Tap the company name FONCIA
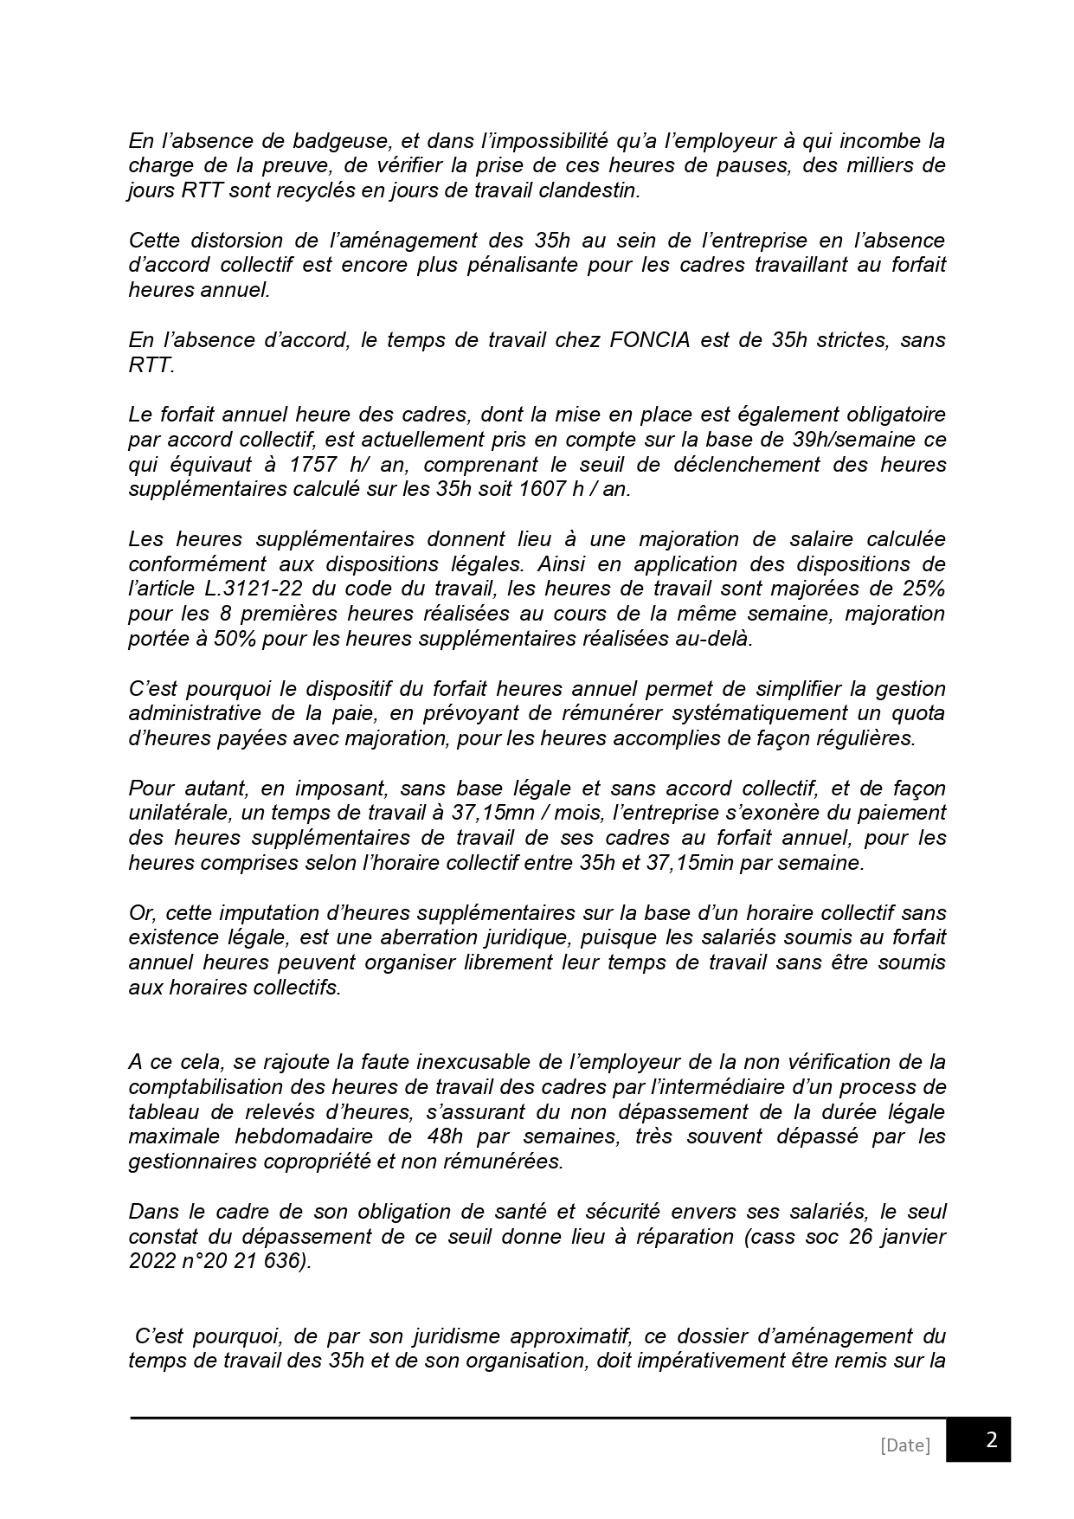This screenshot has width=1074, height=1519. (649, 340)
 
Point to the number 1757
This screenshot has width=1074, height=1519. (312, 465)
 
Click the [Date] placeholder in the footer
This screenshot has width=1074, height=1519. (904, 1445)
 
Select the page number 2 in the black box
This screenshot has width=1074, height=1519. (992, 1440)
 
